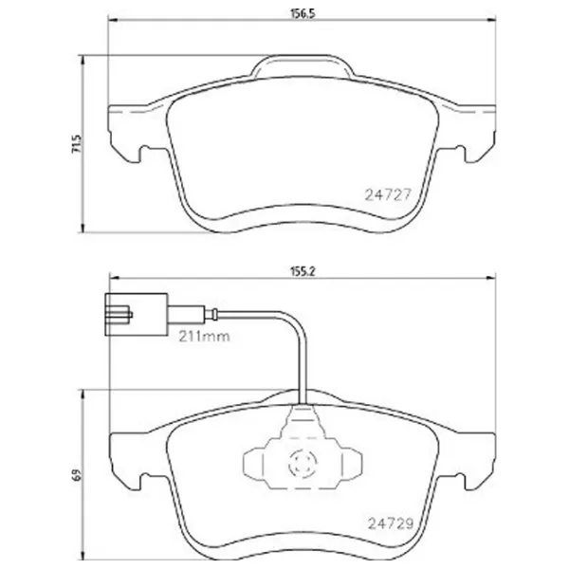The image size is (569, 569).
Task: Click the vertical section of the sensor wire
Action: [x=301, y=365]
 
